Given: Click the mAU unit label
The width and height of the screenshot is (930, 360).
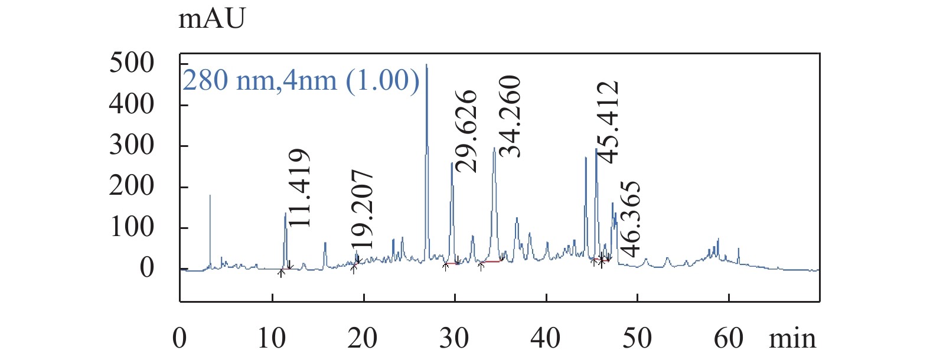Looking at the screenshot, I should click(x=211, y=19).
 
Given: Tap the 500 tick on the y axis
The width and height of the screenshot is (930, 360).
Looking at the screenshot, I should click(x=131, y=63).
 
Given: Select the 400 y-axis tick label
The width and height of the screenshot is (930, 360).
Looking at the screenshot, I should click(x=131, y=104).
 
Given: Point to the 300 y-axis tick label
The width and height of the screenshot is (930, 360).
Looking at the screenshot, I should click(x=131, y=145).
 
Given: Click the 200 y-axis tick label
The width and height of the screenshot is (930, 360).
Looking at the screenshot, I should click(x=131, y=186).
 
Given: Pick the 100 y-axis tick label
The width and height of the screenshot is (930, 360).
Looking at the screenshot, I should click(x=131, y=227).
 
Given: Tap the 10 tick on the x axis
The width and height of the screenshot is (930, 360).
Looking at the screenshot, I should click(x=272, y=338).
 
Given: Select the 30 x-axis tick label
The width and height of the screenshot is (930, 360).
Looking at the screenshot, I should click(x=454, y=338).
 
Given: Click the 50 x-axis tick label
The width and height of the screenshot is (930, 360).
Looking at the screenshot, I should click(x=637, y=338).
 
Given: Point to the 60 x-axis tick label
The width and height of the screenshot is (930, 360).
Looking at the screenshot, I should click(x=728, y=338).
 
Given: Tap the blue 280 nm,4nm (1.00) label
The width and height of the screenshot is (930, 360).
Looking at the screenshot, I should click(x=301, y=80).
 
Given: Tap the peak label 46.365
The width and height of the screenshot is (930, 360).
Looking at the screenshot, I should click(x=630, y=219).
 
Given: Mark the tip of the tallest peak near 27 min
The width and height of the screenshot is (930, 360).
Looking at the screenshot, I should click(x=426, y=65).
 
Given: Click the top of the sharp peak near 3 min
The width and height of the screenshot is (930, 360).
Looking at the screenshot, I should click(x=210, y=195).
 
